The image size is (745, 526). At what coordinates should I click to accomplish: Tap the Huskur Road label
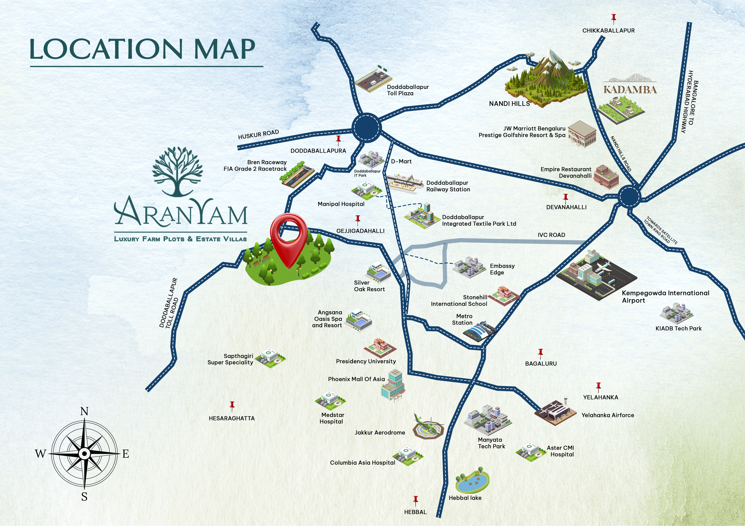(258, 134)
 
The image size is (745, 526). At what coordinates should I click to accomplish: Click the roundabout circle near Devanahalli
(629, 196)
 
